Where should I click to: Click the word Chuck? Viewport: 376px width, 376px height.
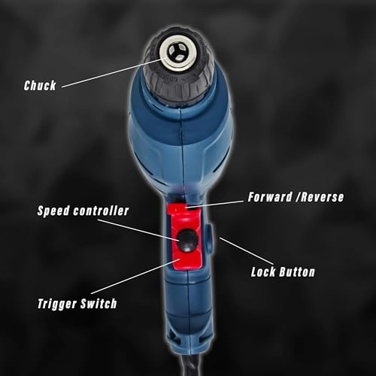[x=40, y=86]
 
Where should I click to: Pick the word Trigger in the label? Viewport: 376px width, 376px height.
[x=62, y=305]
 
